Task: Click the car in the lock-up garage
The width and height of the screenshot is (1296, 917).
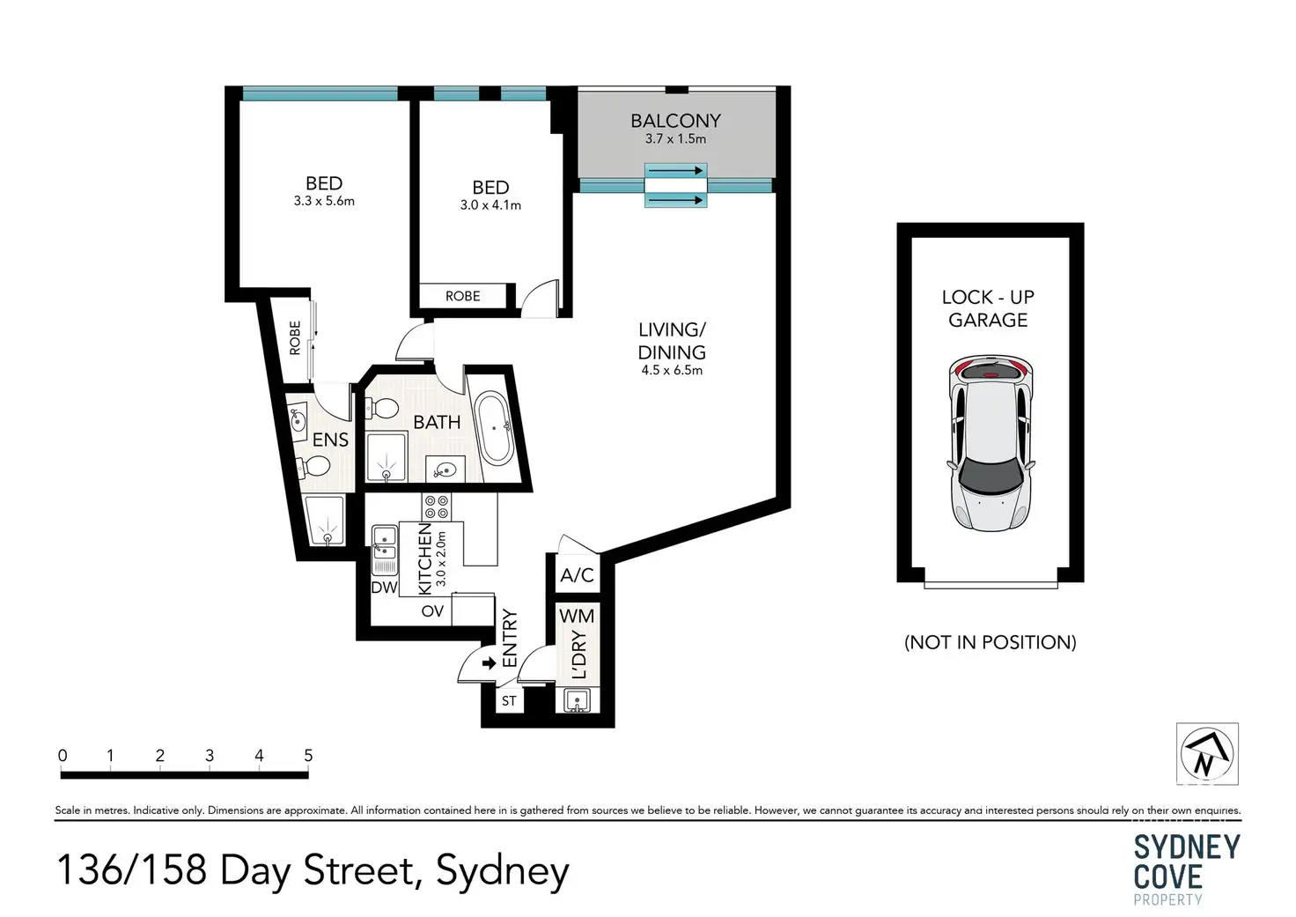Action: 990,443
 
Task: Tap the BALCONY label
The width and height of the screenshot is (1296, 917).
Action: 675,121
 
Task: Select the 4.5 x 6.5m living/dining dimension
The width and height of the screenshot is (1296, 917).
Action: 672,371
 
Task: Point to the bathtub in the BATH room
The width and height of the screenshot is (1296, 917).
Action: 494,428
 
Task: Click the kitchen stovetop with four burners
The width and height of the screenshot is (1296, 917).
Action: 436,507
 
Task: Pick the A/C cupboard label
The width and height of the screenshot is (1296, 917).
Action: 577,575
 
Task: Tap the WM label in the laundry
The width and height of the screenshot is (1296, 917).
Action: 577,616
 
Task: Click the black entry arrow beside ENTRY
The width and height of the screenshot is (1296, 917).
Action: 489,662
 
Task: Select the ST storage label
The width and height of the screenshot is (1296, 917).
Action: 509,701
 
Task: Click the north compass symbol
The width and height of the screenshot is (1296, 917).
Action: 1207,754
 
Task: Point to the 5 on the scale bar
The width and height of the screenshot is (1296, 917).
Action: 308,755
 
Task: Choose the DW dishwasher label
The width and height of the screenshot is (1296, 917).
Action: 384,588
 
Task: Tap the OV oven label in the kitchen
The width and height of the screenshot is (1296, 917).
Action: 432,610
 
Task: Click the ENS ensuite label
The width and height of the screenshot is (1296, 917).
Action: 330,440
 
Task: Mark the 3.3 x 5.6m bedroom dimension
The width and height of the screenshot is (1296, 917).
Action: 324,202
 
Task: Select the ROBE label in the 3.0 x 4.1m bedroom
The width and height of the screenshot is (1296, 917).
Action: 463,296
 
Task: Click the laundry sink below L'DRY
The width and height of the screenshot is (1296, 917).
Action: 577,700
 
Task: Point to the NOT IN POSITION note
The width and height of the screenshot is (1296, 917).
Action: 990,642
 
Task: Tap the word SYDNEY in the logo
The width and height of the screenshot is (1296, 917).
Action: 1187,847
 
